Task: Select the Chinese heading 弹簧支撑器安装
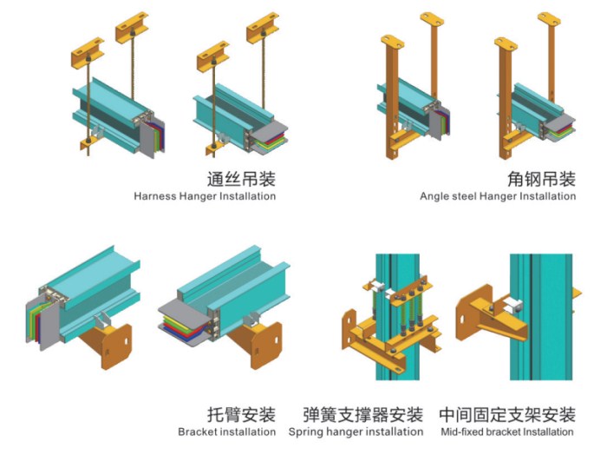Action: point(363,414)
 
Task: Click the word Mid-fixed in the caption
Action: point(460,432)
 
